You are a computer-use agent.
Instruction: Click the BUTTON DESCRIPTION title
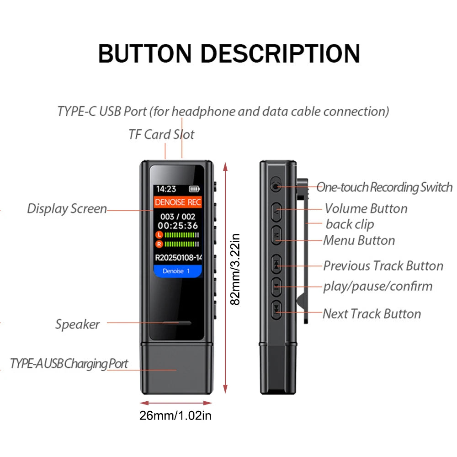[229, 53]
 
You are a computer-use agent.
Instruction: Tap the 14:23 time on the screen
[166, 189]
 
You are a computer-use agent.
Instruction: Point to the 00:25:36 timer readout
[178, 225]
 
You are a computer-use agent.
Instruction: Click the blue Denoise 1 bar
[177, 271]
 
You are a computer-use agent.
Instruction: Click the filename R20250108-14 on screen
[178, 257]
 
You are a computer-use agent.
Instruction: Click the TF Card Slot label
[161, 134]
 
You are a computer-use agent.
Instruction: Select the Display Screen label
[67, 209]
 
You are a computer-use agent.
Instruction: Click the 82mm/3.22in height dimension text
[234, 270]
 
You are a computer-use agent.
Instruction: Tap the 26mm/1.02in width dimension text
[175, 415]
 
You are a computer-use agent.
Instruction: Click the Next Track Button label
[372, 314]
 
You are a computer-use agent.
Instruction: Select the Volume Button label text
[366, 208]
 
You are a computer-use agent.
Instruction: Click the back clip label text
[350, 224]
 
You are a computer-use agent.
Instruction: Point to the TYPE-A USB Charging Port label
[69, 364]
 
